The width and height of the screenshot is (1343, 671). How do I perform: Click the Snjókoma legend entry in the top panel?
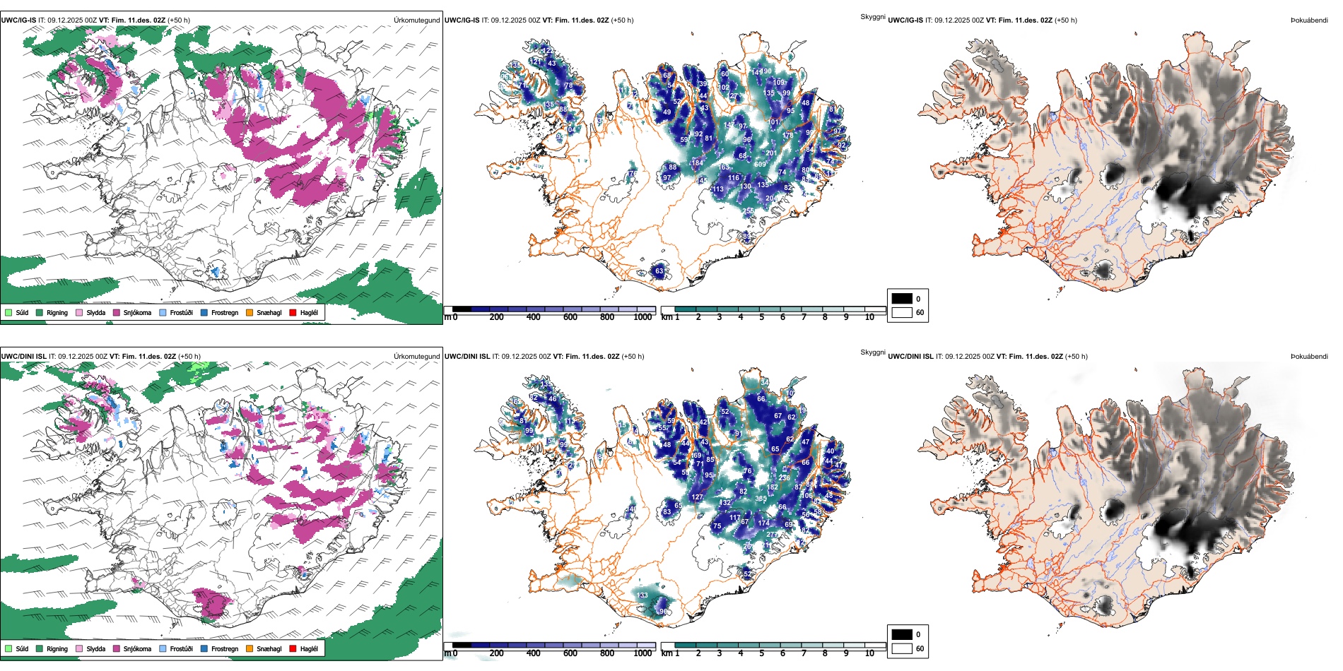(x=137, y=312)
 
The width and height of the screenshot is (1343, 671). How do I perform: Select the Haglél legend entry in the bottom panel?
(x=308, y=648)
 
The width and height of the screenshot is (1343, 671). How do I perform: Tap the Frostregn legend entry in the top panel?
(x=224, y=312)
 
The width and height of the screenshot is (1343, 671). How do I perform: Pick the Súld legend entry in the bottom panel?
(x=22, y=648)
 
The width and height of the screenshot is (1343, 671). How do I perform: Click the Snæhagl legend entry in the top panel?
(x=269, y=312)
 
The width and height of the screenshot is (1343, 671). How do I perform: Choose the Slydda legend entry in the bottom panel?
(x=95, y=648)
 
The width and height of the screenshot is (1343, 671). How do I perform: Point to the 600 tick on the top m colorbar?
(x=570, y=317)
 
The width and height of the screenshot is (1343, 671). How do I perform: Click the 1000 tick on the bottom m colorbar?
(x=643, y=653)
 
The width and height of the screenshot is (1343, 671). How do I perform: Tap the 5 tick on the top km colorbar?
(x=761, y=317)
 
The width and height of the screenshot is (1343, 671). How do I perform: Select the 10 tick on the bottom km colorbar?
(x=869, y=653)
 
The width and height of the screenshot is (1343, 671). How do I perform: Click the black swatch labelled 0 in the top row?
(x=902, y=299)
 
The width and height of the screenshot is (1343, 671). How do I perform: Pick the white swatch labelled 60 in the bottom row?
(x=902, y=648)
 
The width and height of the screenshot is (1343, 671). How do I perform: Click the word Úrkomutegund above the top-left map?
(x=417, y=20)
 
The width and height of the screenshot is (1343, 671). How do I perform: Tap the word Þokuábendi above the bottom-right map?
(x=1309, y=357)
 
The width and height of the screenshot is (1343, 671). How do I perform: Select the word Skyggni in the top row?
(x=872, y=17)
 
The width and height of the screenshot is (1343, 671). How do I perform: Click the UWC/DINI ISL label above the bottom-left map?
(x=23, y=357)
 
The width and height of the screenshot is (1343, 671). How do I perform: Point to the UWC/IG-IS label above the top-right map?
(x=905, y=20)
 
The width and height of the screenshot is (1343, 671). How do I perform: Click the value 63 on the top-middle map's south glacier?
(x=659, y=271)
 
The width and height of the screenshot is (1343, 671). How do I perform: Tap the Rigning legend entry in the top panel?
(x=57, y=312)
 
